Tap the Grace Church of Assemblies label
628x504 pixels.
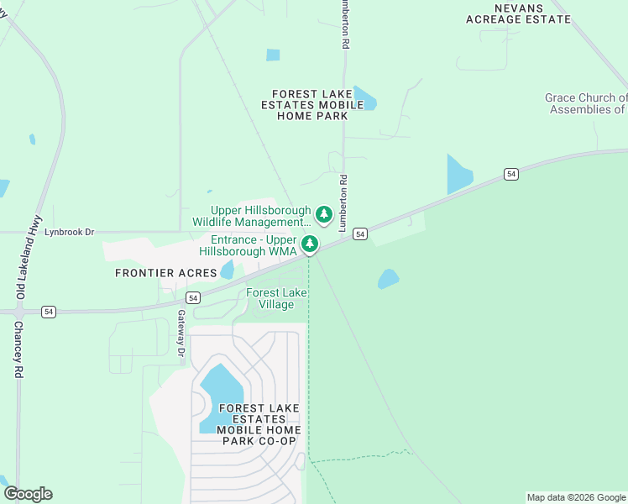(586, 103)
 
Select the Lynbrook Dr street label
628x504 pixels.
(70, 232)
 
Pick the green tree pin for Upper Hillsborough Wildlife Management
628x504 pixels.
(323, 216)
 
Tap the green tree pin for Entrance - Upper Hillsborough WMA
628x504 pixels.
(310, 244)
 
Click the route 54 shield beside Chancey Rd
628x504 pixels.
(50, 312)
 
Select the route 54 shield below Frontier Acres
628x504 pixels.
(193, 297)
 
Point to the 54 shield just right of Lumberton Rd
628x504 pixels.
(359, 234)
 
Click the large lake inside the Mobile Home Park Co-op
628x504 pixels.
(221, 395)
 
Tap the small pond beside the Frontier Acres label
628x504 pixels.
(227, 270)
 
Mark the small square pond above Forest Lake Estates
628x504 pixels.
(273, 55)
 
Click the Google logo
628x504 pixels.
(28, 494)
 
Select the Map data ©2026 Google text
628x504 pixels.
(575, 497)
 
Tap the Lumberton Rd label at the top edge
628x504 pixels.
(344, 25)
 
